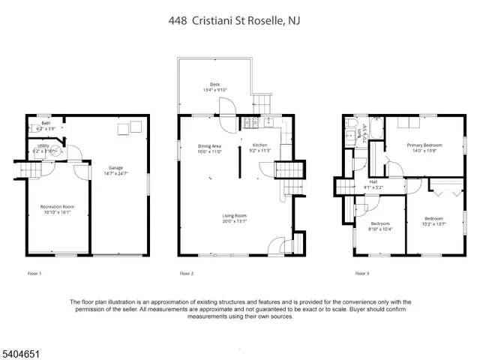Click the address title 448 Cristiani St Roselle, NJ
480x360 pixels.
coord(239,22)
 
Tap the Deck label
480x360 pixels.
coord(214,85)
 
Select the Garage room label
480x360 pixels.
coord(115,169)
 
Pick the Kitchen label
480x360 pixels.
coord(260,145)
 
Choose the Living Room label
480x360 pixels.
coord(235,216)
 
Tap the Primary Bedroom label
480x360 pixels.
coord(424,145)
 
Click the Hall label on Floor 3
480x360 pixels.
coord(373,182)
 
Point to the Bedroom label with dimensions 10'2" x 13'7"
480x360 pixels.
coord(433,218)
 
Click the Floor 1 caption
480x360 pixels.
coord(34,273)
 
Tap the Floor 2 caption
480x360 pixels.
coord(187,273)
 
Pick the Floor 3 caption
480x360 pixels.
coord(361,273)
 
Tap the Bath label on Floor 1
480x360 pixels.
coord(46,123)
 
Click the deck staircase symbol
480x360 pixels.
coord(262,100)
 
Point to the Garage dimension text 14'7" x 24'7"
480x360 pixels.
coord(115,174)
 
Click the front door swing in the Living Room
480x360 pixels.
coord(277,245)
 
